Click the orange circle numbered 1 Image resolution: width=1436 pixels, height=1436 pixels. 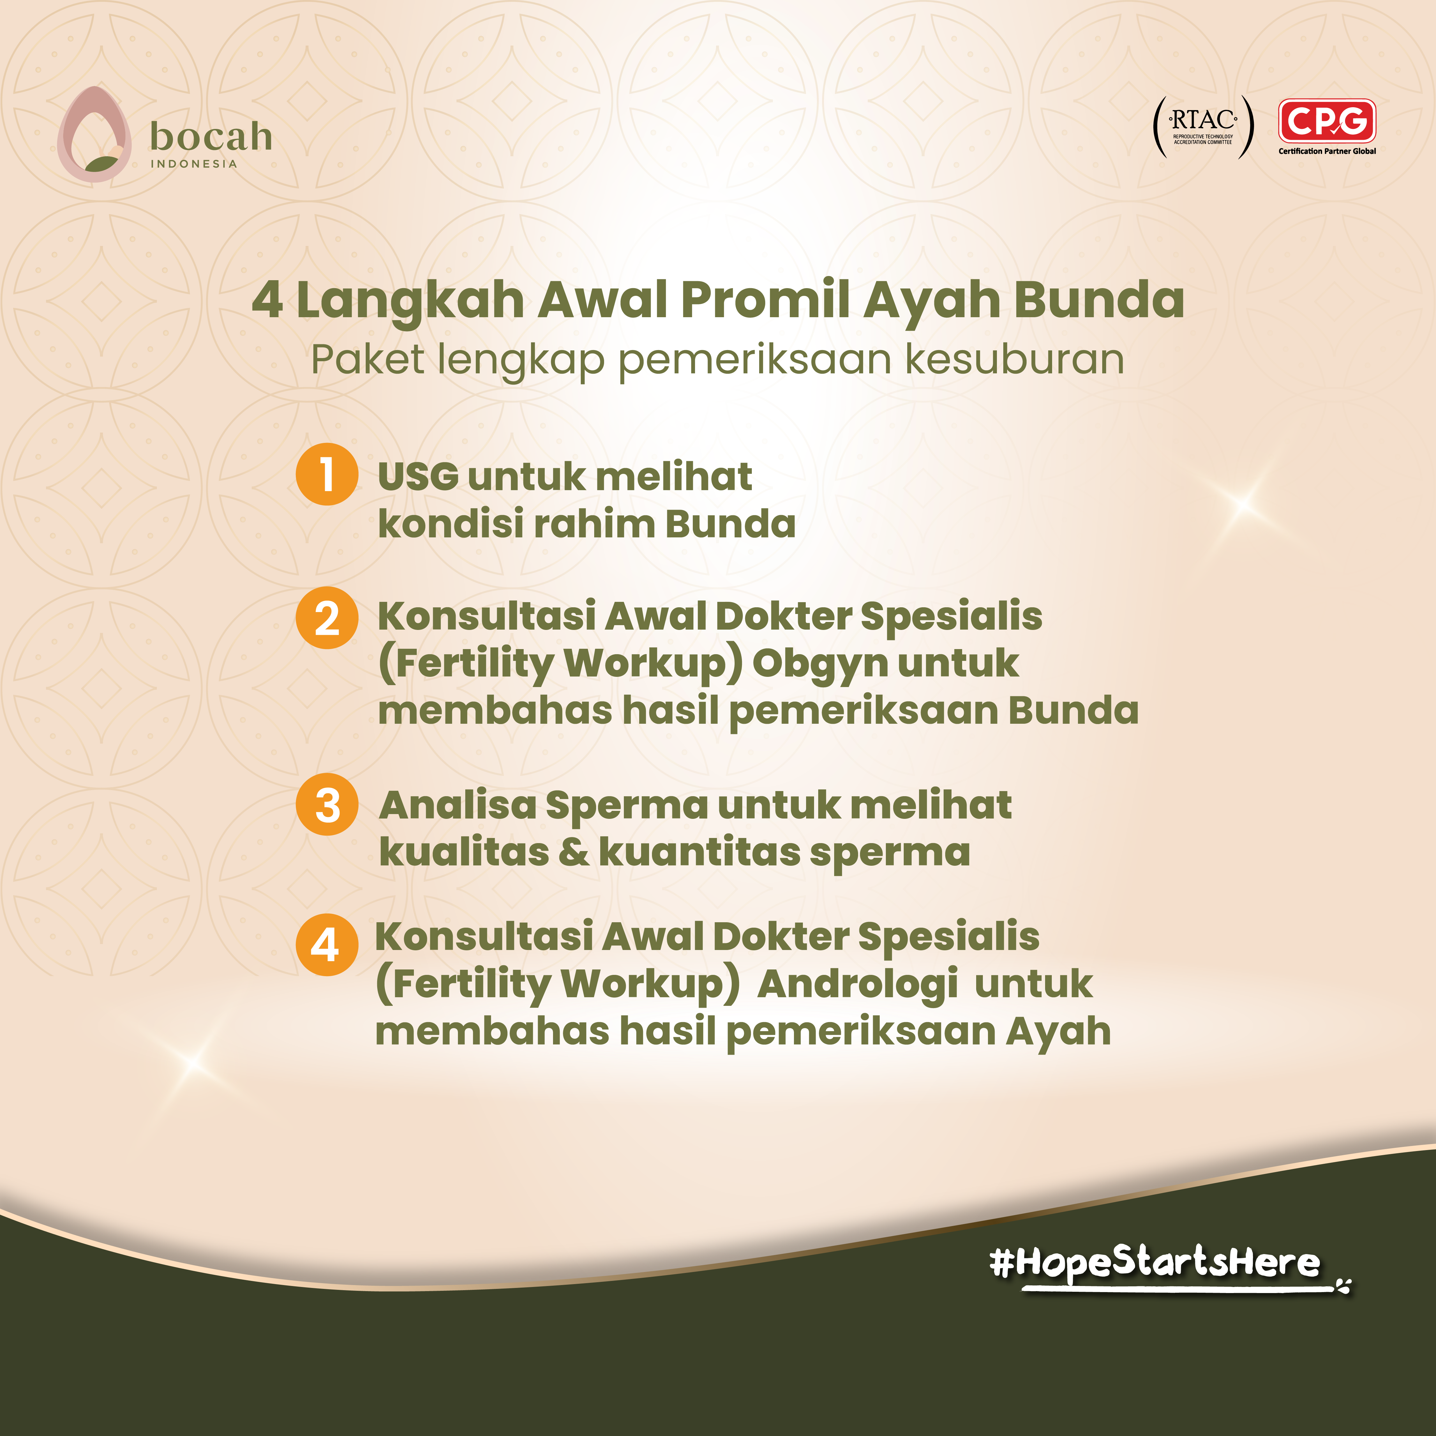(327, 474)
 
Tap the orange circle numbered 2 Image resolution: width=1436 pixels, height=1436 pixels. (327, 618)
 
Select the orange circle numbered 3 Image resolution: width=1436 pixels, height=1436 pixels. (327, 804)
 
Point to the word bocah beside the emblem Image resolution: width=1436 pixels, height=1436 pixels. (211, 137)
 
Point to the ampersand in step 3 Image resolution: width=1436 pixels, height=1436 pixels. (573, 852)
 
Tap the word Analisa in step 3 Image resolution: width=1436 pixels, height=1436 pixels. (457, 805)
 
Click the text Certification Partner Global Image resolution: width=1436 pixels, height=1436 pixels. (1327, 151)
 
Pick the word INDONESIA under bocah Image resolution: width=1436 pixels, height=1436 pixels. (194, 163)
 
